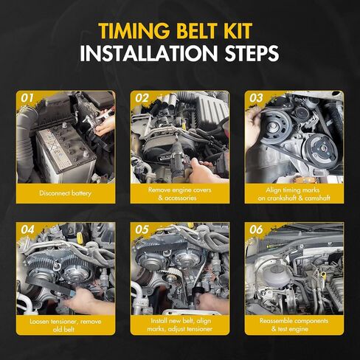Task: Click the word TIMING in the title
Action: coord(134,31)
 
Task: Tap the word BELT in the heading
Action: coord(199,31)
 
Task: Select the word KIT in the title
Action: coord(240,31)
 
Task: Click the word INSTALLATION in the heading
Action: coord(149,53)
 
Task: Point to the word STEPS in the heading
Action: coord(252,53)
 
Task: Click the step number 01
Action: coord(27,98)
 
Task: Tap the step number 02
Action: coord(142,98)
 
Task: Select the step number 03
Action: coord(256,98)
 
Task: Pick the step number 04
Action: coord(27,230)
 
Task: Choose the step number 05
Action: coord(142,230)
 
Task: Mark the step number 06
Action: coord(256,230)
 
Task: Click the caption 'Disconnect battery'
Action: coord(66,193)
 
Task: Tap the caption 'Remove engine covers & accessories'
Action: coord(180,194)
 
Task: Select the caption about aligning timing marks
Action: coord(294,194)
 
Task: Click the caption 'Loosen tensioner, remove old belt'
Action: coord(66,325)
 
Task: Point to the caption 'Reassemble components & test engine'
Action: coord(294,325)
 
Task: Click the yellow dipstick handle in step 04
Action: coord(79,237)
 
